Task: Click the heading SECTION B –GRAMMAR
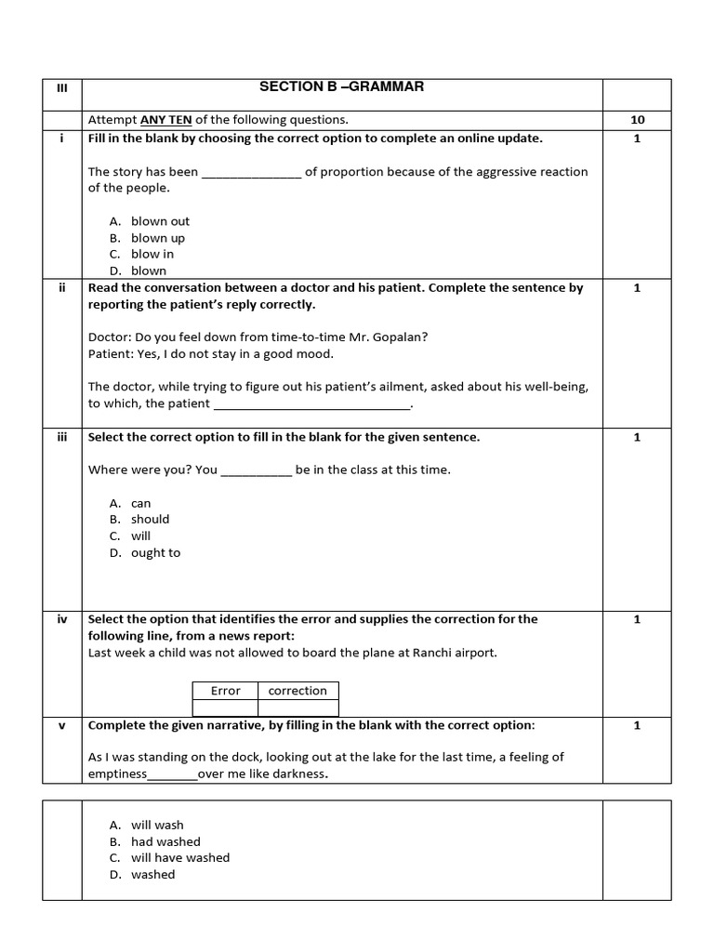(341, 87)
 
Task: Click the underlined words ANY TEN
(165, 120)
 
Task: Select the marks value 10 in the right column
(637, 120)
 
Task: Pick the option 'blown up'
(157, 238)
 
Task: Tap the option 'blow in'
(152, 254)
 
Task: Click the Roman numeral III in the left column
(62, 87)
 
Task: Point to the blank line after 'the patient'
(311, 404)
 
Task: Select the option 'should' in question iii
(150, 520)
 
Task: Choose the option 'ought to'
(155, 553)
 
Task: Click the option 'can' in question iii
(140, 504)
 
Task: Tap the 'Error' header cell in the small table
(225, 691)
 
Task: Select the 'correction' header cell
(297, 691)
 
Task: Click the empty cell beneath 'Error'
(225, 707)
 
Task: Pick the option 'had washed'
(165, 842)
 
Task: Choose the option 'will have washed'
(180, 858)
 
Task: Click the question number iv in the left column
(62, 619)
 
